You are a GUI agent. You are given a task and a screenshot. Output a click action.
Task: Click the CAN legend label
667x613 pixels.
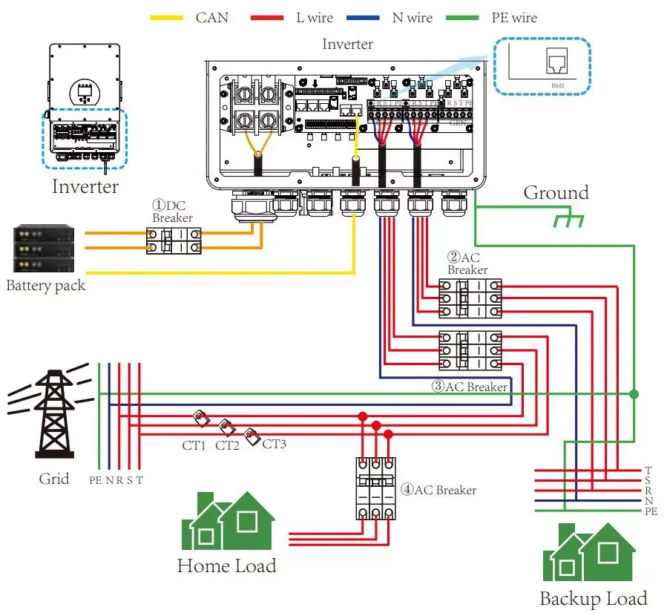[211, 17]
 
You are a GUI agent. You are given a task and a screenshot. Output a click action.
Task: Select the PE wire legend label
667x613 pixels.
[513, 17]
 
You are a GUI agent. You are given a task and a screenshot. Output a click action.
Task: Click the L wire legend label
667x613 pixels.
[315, 17]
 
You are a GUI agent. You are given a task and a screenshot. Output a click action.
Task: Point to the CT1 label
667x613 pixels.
[194, 445]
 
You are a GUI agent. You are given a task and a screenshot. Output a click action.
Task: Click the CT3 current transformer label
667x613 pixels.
[274, 444]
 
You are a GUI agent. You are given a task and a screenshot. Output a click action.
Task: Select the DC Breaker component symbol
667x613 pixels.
[174, 240]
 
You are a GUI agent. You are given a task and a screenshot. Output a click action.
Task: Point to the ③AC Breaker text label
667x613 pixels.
[470, 387]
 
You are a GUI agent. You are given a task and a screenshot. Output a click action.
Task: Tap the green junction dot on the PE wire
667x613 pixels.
[633, 393]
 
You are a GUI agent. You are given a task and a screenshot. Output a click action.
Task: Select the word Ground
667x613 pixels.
[556, 193]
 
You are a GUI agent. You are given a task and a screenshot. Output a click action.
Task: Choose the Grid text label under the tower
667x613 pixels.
[54, 479]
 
